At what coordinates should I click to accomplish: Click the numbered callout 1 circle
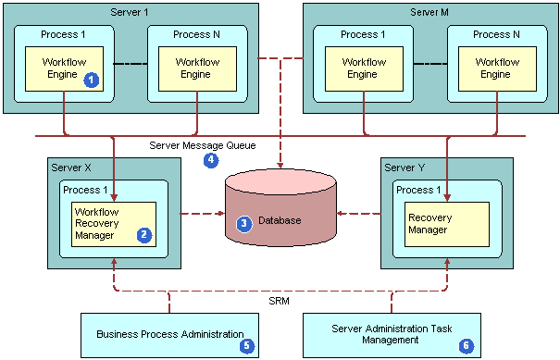point(91,81)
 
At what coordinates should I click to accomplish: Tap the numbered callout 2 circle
point(143,234)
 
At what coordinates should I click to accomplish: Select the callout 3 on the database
point(244,223)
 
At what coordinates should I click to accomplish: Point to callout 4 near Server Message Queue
point(211,159)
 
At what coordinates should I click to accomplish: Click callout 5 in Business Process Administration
point(246,345)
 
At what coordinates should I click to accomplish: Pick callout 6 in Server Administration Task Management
point(466,345)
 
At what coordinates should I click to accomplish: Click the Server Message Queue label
point(202,145)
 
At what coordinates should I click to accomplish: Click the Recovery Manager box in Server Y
point(447,223)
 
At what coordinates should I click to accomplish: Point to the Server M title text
point(429,11)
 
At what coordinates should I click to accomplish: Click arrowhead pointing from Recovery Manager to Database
point(340,214)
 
